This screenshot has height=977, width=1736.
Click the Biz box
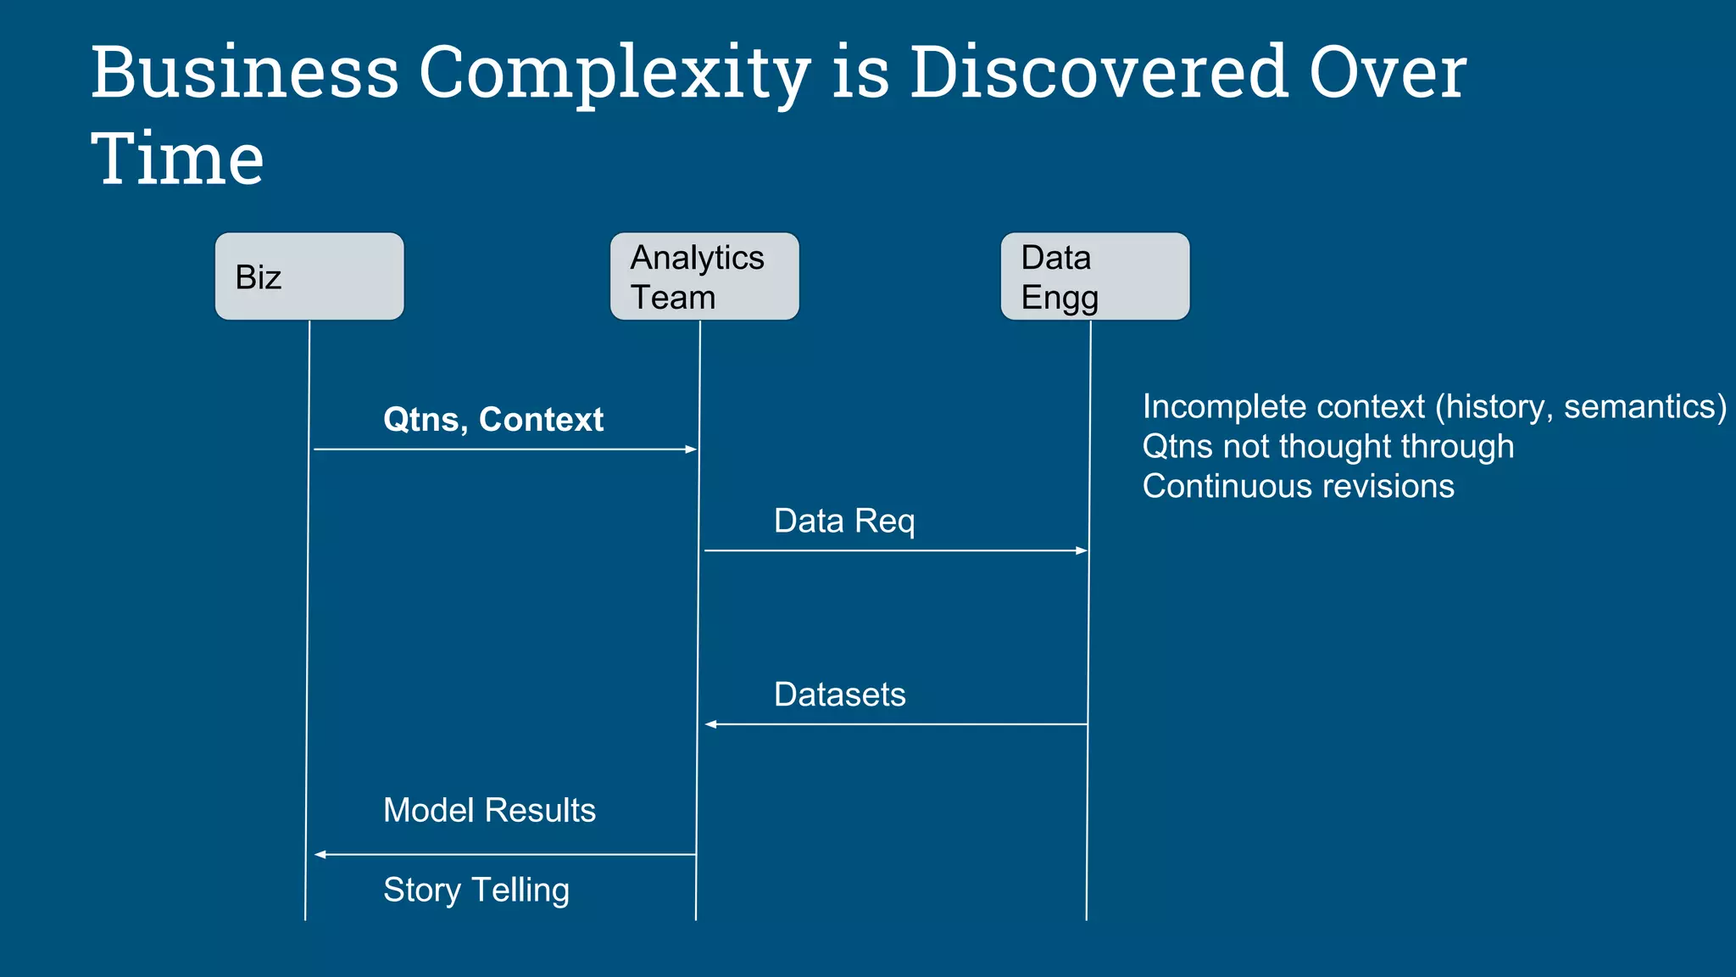coord(309,276)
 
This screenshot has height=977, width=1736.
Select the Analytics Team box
coord(704,276)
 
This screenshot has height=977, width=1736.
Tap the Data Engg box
coord(1095,276)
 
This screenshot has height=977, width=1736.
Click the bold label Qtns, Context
coord(492,420)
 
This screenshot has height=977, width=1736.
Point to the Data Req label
coord(844,521)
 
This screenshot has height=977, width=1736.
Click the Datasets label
coord(839,695)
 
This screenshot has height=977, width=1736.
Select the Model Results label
coord(489,810)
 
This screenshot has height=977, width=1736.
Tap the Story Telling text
coord(476,890)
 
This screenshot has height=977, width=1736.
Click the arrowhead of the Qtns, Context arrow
coord(691,449)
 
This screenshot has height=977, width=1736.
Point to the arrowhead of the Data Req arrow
coord(1082,550)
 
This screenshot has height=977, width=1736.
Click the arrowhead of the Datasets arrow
coord(711,724)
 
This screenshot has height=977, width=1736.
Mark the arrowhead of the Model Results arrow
coord(320,854)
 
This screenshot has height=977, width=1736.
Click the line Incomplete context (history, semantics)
coord(1433,407)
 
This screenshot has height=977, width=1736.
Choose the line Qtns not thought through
coord(1327,446)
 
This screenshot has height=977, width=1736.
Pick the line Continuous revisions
coord(1298,486)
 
